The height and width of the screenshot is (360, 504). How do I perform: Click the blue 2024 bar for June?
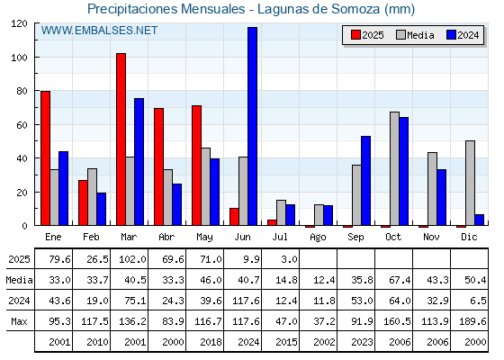coord(252,126)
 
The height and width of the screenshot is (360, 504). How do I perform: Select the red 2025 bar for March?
coord(121,139)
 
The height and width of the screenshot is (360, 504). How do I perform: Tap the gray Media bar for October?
coord(394,168)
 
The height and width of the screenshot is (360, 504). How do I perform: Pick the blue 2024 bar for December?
coord(479,220)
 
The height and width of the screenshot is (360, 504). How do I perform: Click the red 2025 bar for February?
coord(83,202)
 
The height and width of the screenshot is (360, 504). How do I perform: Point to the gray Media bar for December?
coord(470,183)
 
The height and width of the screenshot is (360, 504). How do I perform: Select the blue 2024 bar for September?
coord(365,181)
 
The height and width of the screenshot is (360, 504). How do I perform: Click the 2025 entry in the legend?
coord(367,35)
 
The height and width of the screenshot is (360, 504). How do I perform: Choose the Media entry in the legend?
coord(415,35)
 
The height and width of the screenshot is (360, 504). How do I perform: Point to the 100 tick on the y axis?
coord(36,58)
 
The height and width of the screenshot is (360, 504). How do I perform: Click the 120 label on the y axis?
coord(19,23)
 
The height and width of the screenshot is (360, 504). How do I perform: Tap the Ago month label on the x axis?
coord(318,238)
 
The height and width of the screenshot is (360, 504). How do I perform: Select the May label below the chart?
coord(204,238)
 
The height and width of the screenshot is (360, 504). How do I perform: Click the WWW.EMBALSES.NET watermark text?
coord(99,31)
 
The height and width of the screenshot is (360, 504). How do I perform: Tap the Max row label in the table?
coord(19,321)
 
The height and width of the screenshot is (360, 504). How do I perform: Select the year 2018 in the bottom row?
coord(211,342)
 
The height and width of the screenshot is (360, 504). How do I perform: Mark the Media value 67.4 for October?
coord(400,280)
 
